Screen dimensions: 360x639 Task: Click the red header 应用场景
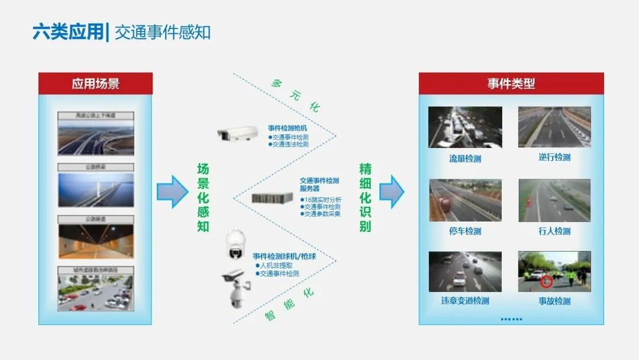(95, 83)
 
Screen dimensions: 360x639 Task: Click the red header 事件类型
(511, 83)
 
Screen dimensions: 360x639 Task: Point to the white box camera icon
(235, 136)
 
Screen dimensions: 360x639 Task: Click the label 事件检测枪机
(287, 128)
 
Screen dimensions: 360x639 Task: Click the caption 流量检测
(464, 159)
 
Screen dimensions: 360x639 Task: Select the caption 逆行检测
(554, 157)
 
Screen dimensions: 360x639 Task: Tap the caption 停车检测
(464, 232)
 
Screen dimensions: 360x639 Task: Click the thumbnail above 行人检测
(554, 201)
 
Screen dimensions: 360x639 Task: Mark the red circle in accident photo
(547, 282)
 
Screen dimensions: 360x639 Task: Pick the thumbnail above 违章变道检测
(465, 272)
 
